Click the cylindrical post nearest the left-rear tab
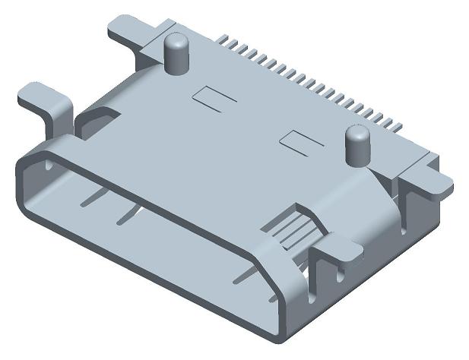(x=178, y=53)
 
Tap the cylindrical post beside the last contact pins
(x=356, y=144)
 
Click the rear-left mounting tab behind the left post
(x=127, y=28)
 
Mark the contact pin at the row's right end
(x=397, y=124)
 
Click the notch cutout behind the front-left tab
(x=97, y=119)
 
